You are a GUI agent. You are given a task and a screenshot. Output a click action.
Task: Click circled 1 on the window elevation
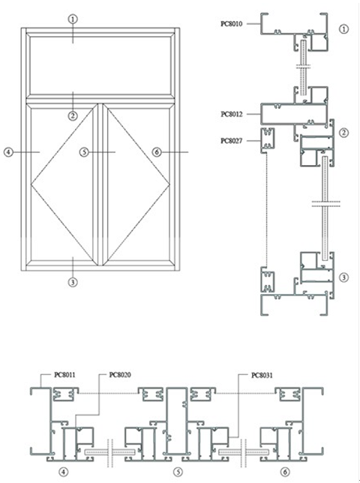click(72, 19)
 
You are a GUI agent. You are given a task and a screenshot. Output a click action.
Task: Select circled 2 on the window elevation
click(72, 115)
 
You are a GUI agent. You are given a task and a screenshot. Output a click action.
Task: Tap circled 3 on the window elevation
click(72, 282)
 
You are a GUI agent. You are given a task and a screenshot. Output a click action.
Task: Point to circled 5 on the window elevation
click(84, 151)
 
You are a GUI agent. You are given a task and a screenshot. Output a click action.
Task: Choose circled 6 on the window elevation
click(156, 151)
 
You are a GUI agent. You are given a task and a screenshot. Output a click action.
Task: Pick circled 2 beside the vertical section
click(344, 133)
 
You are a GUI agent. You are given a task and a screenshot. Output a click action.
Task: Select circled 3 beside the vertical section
click(344, 277)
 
